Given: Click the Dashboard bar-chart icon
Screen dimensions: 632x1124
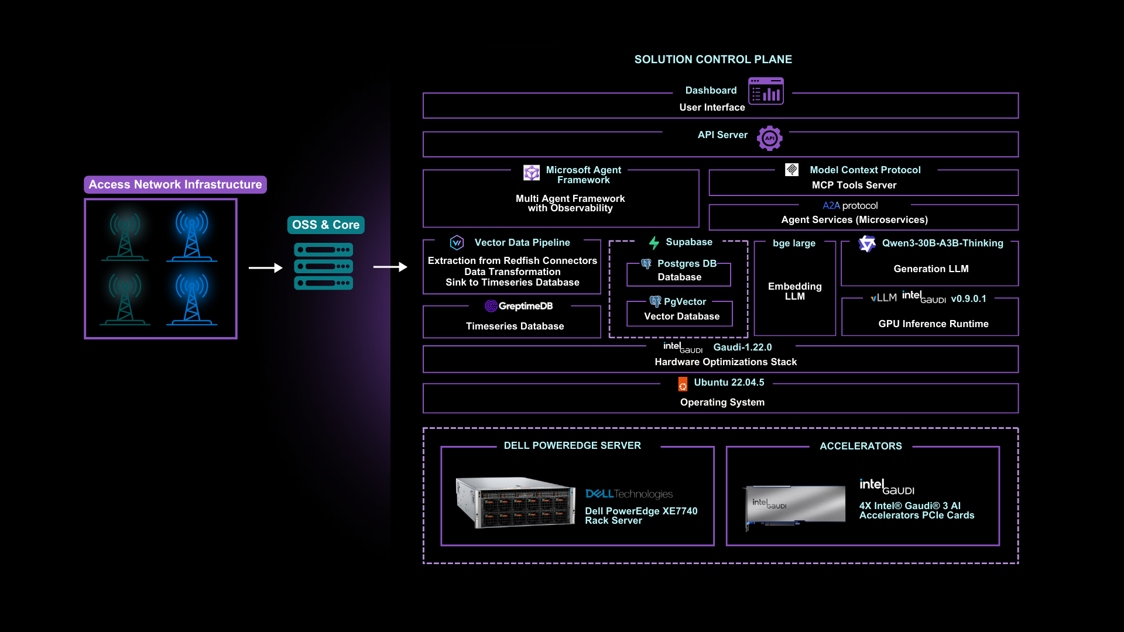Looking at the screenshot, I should point(766,91).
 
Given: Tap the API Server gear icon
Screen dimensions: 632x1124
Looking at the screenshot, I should point(769,138).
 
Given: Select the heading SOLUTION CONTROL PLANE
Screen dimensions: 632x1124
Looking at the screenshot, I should point(713,59).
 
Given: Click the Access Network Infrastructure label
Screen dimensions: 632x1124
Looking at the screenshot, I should point(175,184).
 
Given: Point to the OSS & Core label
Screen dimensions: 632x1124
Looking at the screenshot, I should point(325,225).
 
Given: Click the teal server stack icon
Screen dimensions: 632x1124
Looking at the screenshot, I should point(323,266).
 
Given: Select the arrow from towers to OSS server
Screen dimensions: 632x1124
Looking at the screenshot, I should point(265,268).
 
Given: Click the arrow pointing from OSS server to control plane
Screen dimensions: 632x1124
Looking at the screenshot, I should point(390,267).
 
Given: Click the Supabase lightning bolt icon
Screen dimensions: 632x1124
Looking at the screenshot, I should point(654,242).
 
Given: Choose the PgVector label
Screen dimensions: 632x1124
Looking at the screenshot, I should point(684,301).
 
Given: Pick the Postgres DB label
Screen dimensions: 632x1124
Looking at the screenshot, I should point(687,263).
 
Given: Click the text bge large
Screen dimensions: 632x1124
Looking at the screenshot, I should point(794,243).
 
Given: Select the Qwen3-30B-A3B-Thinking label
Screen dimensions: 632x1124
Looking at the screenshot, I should point(942,243).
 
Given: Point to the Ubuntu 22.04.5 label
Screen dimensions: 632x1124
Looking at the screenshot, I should point(729,382).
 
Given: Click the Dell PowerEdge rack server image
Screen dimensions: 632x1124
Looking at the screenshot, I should point(515,502).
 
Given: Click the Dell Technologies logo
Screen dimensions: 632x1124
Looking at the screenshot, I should point(629,494).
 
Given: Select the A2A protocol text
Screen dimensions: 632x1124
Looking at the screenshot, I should point(850,205).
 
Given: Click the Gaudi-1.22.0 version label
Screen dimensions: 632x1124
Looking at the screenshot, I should point(742,347).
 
